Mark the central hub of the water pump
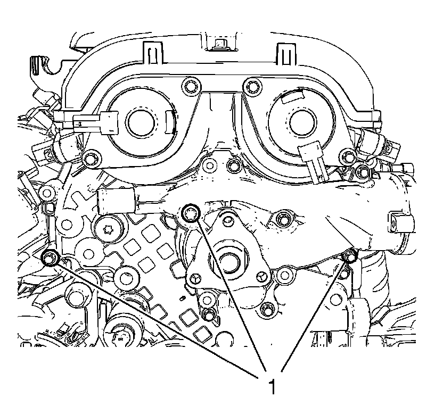pos(228,261)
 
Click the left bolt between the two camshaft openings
pos(188,85)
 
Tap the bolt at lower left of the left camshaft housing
pos(94,158)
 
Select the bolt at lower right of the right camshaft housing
pos(349,156)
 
